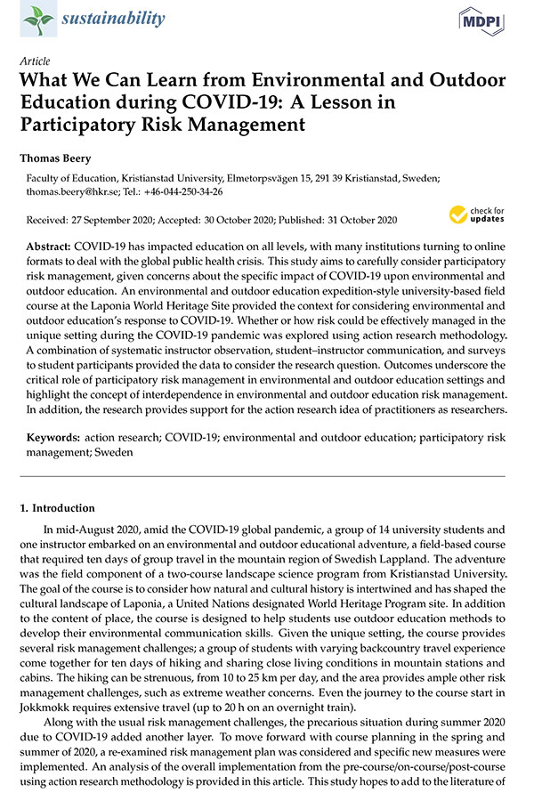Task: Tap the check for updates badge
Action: coord(476,214)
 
